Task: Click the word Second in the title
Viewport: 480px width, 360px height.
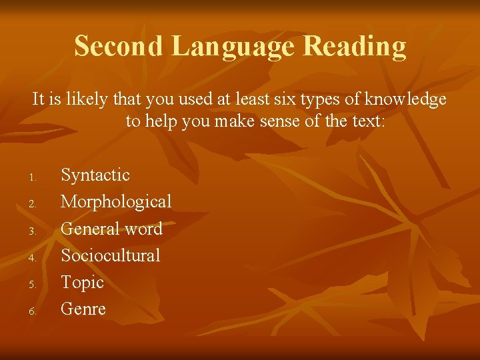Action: (x=117, y=46)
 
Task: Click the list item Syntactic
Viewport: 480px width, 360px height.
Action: (x=95, y=175)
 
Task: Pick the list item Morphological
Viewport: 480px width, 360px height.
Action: (x=116, y=202)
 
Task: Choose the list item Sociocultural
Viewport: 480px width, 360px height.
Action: (x=111, y=255)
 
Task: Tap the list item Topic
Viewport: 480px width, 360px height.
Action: (x=83, y=283)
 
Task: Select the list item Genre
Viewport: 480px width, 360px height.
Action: (x=83, y=309)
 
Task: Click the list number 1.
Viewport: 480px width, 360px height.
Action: (x=31, y=177)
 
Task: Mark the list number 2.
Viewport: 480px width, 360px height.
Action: (x=31, y=204)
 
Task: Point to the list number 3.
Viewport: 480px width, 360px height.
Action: (x=31, y=231)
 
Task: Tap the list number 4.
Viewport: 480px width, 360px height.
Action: (x=31, y=257)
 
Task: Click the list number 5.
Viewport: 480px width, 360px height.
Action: (x=31, y=284)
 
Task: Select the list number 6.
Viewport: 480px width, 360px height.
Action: (x=31, y=311)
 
